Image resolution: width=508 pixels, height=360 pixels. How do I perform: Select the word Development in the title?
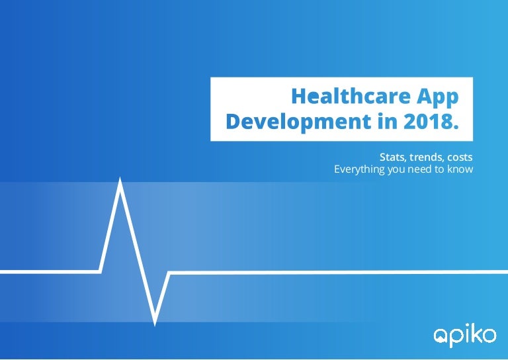pyautogui.click(x=298, y=122)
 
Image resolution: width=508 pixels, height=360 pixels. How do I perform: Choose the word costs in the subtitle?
pyautogui.click(x=460, y=157)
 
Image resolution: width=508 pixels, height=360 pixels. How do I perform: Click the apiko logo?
pyautogui.click(x=465, y=336)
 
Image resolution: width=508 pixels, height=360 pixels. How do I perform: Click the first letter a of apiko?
pyautogui.click(x=441, y=337)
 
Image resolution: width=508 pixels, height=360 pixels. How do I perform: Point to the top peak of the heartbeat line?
pyautogui.click(x=120, y=178)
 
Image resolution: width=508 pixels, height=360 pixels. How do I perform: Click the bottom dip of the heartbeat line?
pyautogui.click(x=155, y=325)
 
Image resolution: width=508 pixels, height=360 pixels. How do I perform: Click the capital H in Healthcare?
pyautogui.click(x=298, y=96)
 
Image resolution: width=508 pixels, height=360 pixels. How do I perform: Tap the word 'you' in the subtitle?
pyautogui.click(x=396, y=171)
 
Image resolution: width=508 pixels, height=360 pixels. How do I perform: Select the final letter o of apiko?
pyautogui.click(x=489, y=336)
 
